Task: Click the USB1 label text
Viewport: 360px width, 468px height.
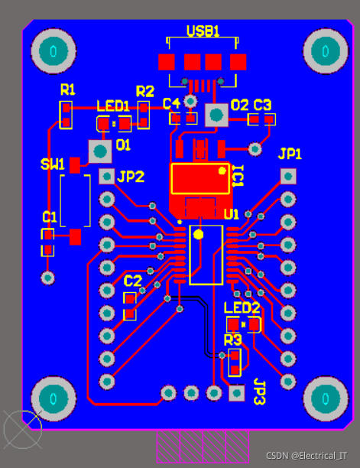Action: pos(203,31)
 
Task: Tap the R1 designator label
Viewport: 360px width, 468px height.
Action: pos(68,89)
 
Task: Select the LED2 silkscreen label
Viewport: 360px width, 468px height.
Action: pos(242,308)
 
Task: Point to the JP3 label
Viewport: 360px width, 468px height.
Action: pos(259,392)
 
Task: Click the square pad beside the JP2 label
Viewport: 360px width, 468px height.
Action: pos(107,177)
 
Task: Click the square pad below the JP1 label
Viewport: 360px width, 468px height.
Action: pos(288,177)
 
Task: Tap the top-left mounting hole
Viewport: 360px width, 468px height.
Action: pos(54,51)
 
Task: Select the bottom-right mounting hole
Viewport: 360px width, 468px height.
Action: pos(326,398)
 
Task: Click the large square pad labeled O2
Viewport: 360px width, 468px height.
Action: pos(216,115)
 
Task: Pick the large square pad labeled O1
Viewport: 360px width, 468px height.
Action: pos(100,151)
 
